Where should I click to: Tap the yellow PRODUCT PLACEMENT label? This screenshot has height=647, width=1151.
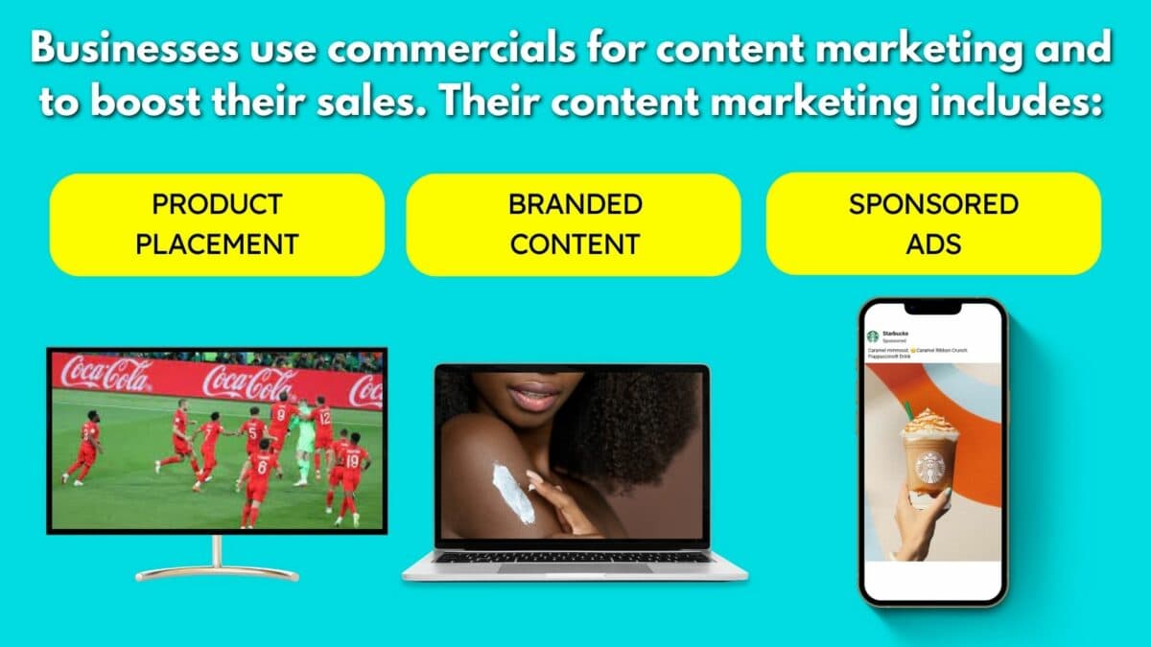[217, 224]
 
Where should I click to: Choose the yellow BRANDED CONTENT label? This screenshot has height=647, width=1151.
[574, 224]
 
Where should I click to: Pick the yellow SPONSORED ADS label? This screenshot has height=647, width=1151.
[933, 224]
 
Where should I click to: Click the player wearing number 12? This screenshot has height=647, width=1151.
[322, 427]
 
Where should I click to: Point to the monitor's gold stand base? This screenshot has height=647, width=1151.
[217, 573]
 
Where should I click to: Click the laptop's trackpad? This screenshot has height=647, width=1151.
[574, 567]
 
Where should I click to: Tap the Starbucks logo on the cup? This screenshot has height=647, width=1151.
[928, 468]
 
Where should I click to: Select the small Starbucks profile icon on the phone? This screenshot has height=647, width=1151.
[873, 336]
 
